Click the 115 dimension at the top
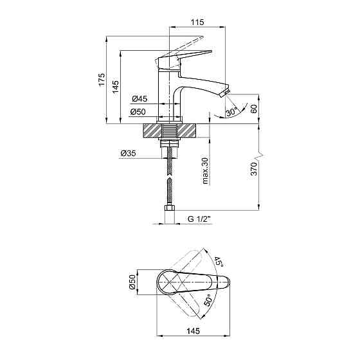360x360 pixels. [x=197, y=22]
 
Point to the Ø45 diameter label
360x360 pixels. [x=139, y=99]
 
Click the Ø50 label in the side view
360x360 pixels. [x=139, y=112]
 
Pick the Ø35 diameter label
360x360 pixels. [x=127, y=153]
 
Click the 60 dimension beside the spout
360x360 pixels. [x=254, y=108]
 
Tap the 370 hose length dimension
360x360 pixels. [x=254, y=169]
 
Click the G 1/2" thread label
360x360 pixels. [x=200, y=220]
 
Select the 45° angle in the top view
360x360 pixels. [x=218, y=262]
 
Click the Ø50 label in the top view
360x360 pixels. [x=132, y=282]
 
